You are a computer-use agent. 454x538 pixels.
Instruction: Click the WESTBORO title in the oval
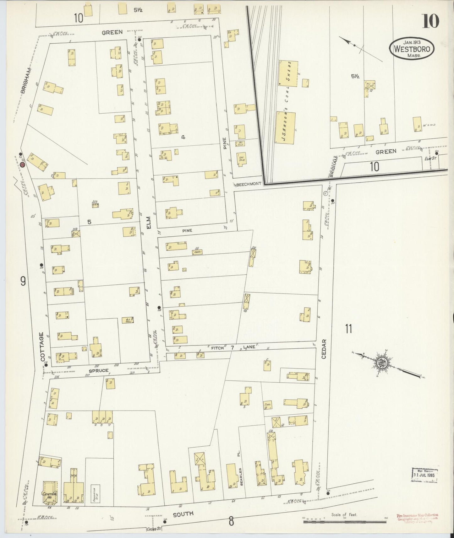point(412,49)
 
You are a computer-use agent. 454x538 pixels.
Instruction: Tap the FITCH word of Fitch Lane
point(217,347)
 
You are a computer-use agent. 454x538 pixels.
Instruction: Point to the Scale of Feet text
point(344,515)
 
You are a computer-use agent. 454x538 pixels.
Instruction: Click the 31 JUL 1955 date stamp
point(425,476)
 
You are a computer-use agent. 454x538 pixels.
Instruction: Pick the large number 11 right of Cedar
point(348,329)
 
